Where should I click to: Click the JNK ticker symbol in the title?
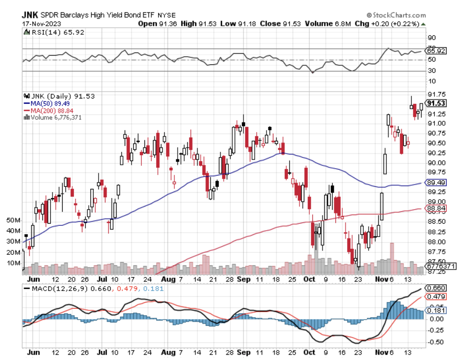30,15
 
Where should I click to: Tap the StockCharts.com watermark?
396,15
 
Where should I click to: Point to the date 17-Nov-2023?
42,23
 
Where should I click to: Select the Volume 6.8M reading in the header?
328,23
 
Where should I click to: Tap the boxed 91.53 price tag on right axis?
436,103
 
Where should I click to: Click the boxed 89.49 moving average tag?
436,183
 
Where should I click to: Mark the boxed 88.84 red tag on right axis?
436,208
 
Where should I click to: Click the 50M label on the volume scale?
13,220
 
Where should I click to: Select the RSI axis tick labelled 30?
432,70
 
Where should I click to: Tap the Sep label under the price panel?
244,279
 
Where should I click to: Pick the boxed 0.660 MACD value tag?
436,288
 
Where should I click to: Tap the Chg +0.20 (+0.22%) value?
387,23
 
